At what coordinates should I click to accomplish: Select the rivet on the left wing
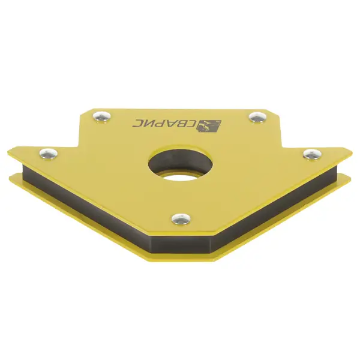[x=48, y=153]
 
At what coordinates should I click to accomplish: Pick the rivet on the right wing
[x=312, y=154]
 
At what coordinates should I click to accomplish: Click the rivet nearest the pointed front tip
[x=181, y=218]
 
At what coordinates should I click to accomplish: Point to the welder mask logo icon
[x=209, y=127]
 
